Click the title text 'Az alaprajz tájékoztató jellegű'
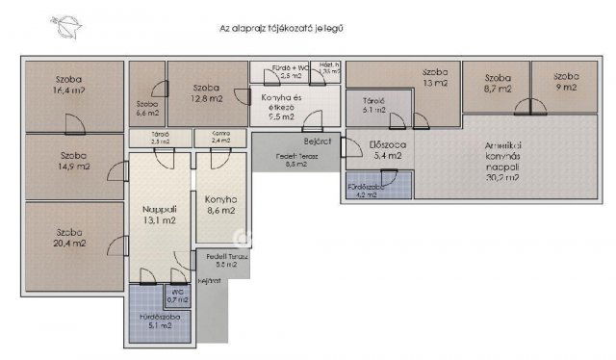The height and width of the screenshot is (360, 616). coord(282,29)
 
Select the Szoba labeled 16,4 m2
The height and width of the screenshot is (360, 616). coord(68,88)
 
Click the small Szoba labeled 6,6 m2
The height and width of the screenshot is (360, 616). coord(146,107)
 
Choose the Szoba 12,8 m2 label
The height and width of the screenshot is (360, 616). coord(206,92)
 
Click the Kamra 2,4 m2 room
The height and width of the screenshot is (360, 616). coord(219,138)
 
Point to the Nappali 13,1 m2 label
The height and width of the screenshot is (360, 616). coord(159,214)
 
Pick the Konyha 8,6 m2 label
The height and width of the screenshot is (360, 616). coord(219,204)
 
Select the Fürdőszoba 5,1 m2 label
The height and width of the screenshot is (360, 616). coord(157,321)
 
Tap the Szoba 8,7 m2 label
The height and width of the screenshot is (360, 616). coord(497,83)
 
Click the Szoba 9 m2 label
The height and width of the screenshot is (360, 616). coord(565,82)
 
